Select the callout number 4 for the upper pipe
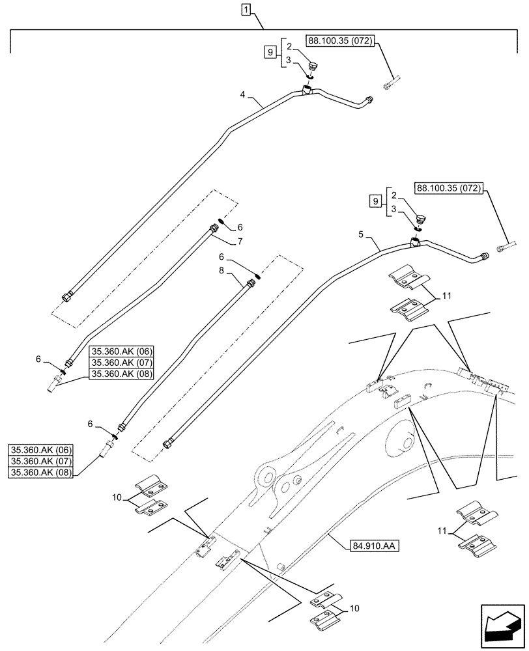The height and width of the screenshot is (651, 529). [x=242, y=94]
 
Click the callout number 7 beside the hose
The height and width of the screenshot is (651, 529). [x=240, y=242]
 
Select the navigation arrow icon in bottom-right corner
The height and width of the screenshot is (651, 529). [x=502, y=626]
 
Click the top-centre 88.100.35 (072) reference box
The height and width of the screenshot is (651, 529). [x=340, y=40]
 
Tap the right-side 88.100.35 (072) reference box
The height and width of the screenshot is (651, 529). [x=449, y=189]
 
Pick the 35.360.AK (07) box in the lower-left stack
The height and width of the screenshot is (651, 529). [x=42, y=461]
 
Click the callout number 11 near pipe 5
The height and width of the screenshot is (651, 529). [x=446, y=298]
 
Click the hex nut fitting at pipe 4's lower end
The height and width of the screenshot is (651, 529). [x=68, y=298]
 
